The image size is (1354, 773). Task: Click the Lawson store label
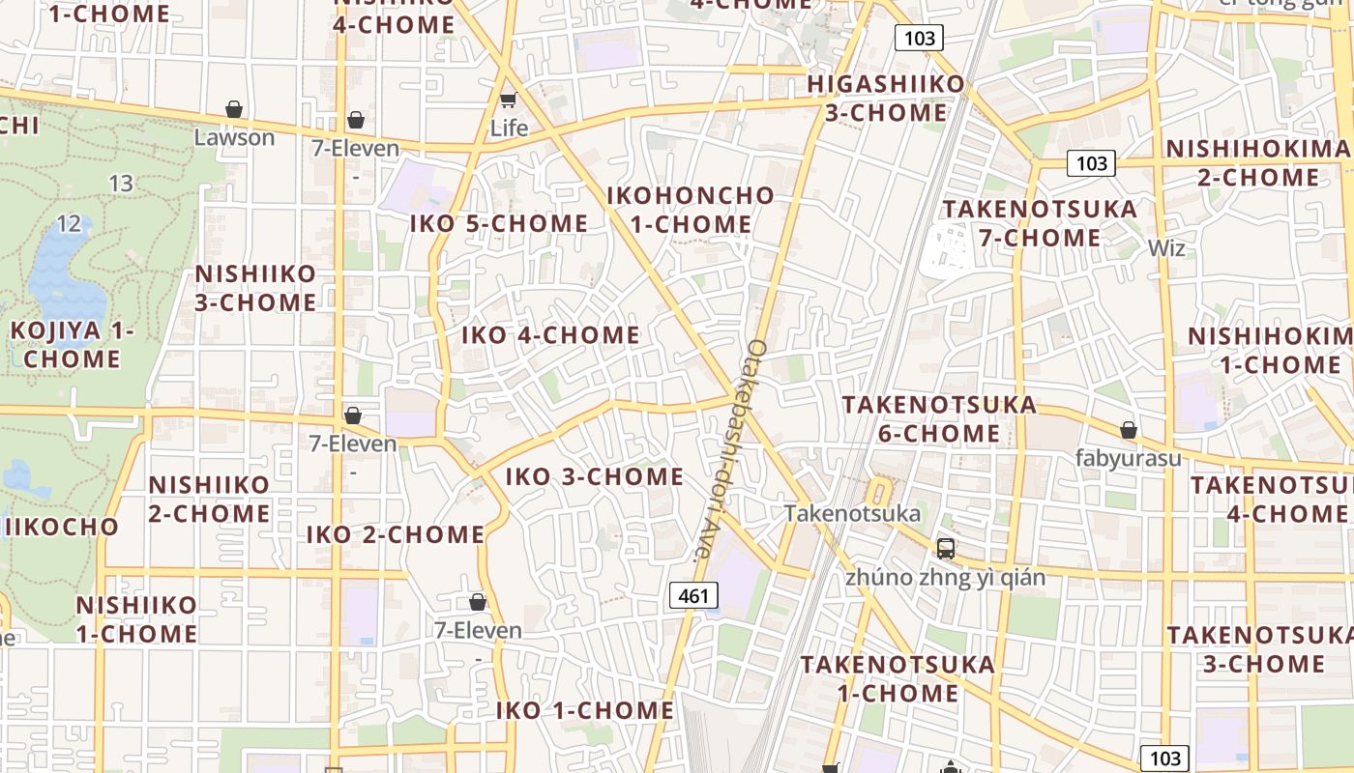tap(234, 137)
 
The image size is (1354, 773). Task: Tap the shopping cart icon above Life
tap(508, 100)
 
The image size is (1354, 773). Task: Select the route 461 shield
tap(694, 596)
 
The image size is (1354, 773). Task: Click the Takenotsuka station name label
tap(851, 513)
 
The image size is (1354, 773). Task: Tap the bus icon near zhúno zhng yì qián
tap(946, 549)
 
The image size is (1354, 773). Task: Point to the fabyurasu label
tap(1128, 458)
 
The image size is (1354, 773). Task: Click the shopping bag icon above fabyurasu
tap(1128, 430)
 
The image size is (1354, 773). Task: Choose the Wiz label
tap(1166, 248)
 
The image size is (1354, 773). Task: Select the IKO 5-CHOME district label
tap(499, 224)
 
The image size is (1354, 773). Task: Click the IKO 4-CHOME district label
tap(550, 335)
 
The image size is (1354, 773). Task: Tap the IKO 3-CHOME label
tap(595, 476)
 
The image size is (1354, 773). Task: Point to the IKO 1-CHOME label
tap(585, 710)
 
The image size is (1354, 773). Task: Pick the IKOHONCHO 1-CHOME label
tap(691, 210)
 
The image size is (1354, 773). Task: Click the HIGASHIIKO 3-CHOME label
tap(886, 99)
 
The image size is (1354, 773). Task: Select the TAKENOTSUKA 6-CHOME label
tap(939, 418)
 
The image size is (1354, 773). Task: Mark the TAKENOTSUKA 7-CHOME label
tap(1040, 223)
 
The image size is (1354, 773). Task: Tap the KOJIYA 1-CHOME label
tap(73, 345)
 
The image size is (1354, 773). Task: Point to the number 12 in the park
tap(69, 224)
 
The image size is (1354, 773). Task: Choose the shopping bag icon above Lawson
tap(234, 109)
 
